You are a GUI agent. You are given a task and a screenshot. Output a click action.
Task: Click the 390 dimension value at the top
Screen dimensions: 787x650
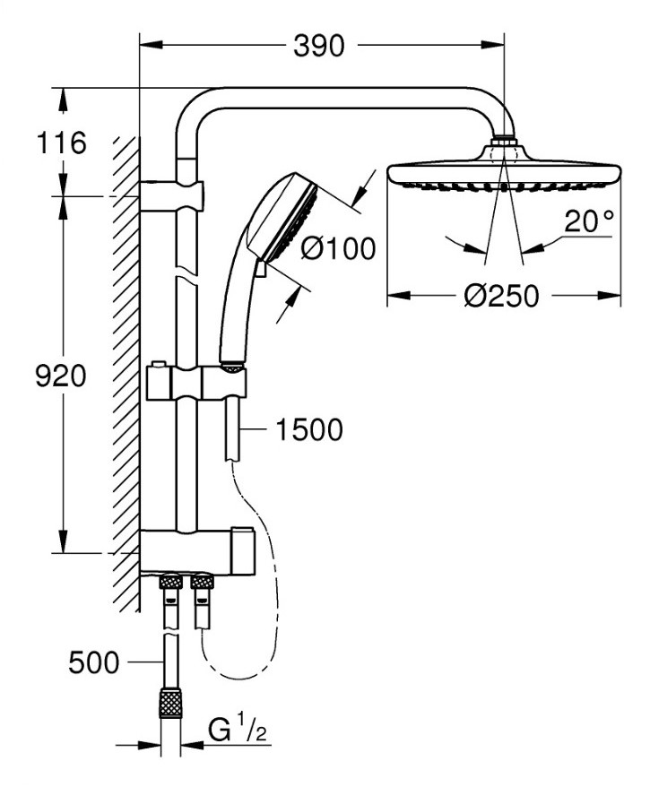[x=318, y=45]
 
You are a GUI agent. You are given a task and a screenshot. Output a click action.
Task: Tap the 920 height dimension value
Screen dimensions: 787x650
[x=60, y=376]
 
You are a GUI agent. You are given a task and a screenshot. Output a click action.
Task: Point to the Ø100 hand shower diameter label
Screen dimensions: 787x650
[x=338, y=247]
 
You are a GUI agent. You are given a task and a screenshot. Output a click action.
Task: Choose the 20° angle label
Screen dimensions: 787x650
[x=589, y=221]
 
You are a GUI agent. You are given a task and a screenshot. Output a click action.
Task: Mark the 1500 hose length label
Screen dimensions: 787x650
[x=308, y=430]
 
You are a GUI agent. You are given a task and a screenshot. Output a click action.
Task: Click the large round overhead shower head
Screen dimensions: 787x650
[x=503, y=172]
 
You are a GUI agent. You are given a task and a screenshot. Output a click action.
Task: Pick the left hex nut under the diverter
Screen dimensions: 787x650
[x=169, y=583]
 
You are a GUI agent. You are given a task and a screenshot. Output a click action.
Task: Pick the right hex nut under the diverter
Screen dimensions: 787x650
[x=203, y=583]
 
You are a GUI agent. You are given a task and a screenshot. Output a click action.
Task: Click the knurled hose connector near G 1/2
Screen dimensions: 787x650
[x=169, y=702]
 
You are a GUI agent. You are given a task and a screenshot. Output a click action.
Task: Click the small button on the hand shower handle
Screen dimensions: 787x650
[x=259, y=267]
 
